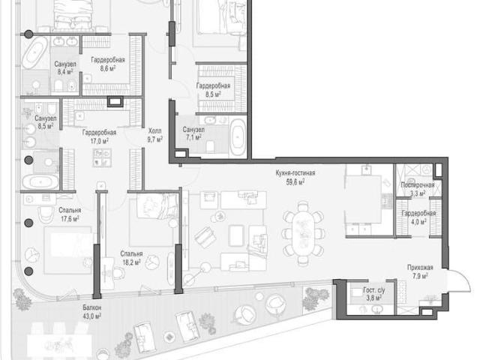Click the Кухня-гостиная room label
tap(295, 173)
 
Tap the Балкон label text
tap(91, 307)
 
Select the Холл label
tap(155, 131)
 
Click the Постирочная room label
tap(418, 185)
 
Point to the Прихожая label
tap(420, 268)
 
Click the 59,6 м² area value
tap(295, 182)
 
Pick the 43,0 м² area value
tap(91, 316)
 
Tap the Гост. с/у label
tap(373, 290)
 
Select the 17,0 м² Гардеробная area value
tap(99, 141)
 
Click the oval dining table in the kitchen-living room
tap(303, 232)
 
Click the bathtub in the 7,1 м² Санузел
tap(238, 138)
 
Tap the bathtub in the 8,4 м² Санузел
tap(34, 52)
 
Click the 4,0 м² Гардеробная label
tap(418, 217)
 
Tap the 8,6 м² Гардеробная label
tap(108, 64)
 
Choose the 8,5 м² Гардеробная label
tap(213, 90)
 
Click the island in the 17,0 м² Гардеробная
tap(102, 157)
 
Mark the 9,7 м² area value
tap(155, 140)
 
